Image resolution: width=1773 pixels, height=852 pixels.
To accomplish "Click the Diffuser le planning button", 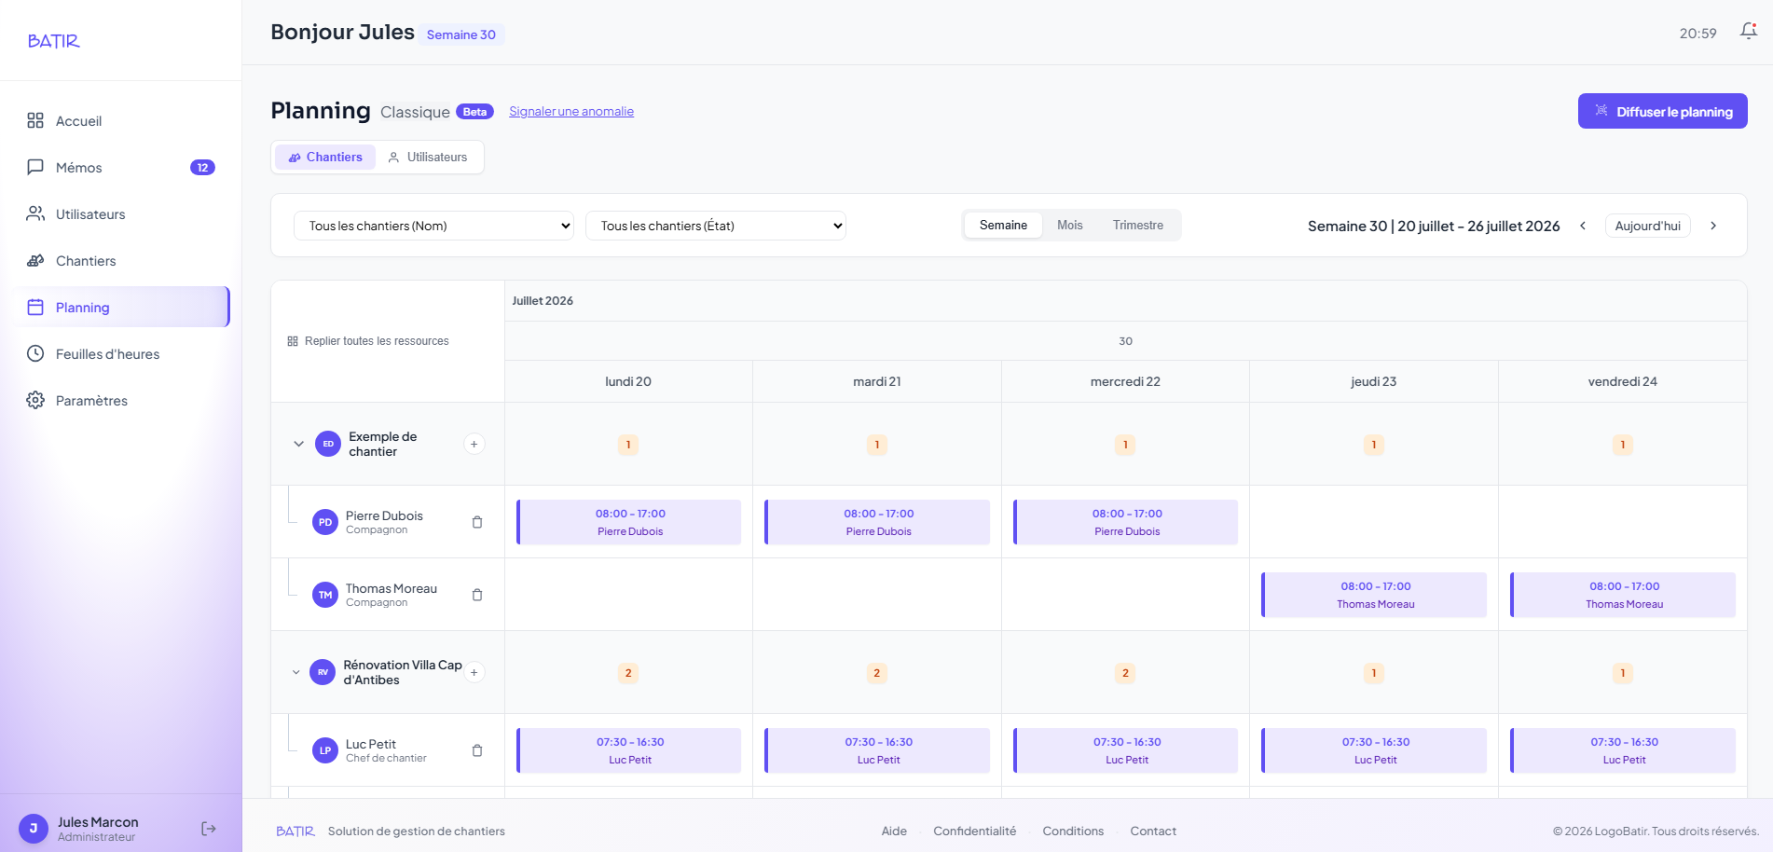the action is [1662, 111].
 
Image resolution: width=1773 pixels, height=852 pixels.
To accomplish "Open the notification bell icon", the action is [1749, 32].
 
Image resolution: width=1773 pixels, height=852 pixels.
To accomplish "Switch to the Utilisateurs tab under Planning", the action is [428, 157].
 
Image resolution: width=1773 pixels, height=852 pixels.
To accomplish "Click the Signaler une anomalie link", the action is [571, 112].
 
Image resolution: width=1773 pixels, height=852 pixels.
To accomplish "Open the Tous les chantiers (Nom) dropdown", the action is [433, 226].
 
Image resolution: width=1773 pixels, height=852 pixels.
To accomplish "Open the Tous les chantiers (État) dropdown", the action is [716, 226].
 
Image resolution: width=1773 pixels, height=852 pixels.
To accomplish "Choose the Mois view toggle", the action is [1070, 226].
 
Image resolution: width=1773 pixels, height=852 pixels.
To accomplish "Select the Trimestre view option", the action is [1138, 226].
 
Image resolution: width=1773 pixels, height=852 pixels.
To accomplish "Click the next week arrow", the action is [1713, 226].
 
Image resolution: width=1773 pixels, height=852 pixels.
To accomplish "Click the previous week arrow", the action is [1583, 226].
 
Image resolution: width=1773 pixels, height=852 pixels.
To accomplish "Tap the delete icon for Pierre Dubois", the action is [477, 522].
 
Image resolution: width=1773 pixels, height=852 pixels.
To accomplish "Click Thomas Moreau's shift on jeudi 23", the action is [1374, 595].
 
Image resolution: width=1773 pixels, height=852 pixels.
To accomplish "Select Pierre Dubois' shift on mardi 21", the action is [877, 522].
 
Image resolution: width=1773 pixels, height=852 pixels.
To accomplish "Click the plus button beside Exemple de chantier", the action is [474, 444].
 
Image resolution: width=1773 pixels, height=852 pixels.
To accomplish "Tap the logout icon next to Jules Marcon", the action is [209, 829].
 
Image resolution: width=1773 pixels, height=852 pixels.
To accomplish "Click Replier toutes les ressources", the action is [368, 341].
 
